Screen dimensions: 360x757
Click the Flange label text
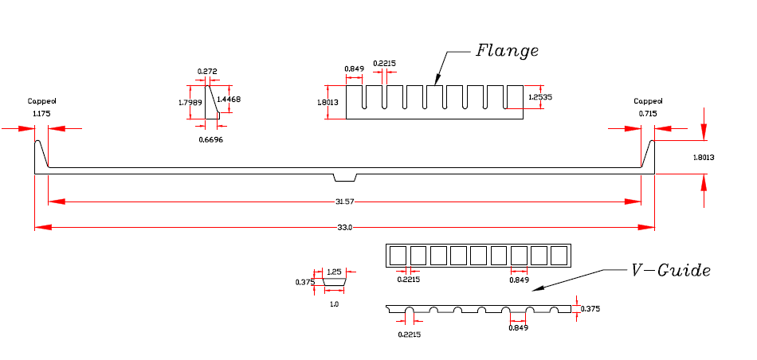[x=507, y=51]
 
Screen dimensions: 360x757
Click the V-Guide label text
[x=670, y=270]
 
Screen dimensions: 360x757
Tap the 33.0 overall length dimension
[x=344, y=228]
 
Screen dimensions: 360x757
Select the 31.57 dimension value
[x=344, y=202]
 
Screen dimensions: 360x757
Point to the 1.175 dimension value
[x=41, y=114]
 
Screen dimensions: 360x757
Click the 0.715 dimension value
[x=646, y=114]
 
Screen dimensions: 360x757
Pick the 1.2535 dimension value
[x=540, y=96]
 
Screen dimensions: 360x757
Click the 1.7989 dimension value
[x=190, y=102]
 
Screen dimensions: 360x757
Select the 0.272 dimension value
[x=207, y=72]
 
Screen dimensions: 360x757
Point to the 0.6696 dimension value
[x=210, y=139]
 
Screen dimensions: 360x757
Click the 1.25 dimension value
[x=334, y=272]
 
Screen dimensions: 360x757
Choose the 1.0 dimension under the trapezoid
[x=334, y=303]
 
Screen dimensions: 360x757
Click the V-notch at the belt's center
[x=345, y=177]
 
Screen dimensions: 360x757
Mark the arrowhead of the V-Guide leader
[x=535, y=290]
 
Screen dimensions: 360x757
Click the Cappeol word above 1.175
[x=42, y=101]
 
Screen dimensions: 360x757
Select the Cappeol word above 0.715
[x=647, y=101]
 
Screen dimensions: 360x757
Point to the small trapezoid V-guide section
[x=334, y=281]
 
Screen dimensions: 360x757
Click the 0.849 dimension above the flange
[x=354, y=68]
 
